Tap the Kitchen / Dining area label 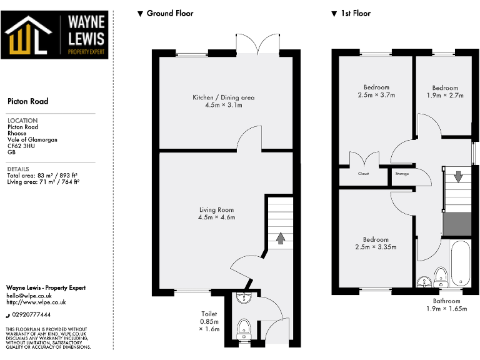223,101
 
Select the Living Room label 216,214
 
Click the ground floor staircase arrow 280,238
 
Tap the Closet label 363,174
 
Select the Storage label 401,174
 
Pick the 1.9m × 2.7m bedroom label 445,92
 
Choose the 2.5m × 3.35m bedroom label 376,243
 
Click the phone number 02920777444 32,314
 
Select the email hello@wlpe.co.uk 29,295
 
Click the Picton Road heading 27,101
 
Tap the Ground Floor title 169,13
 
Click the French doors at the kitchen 258,42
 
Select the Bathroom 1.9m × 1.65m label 446,304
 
